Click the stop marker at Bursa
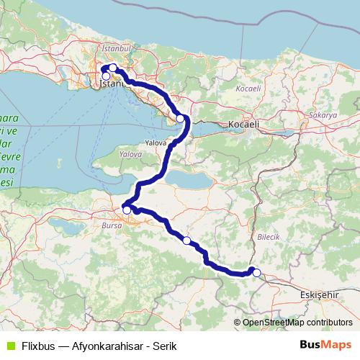(127, 210)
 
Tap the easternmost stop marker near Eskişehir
(256, 272)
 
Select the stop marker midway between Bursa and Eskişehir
(186, 240)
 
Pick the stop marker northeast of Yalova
(181, 119)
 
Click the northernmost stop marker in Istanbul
(113, 68)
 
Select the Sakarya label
(324, 115)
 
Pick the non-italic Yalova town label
(156, 143)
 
